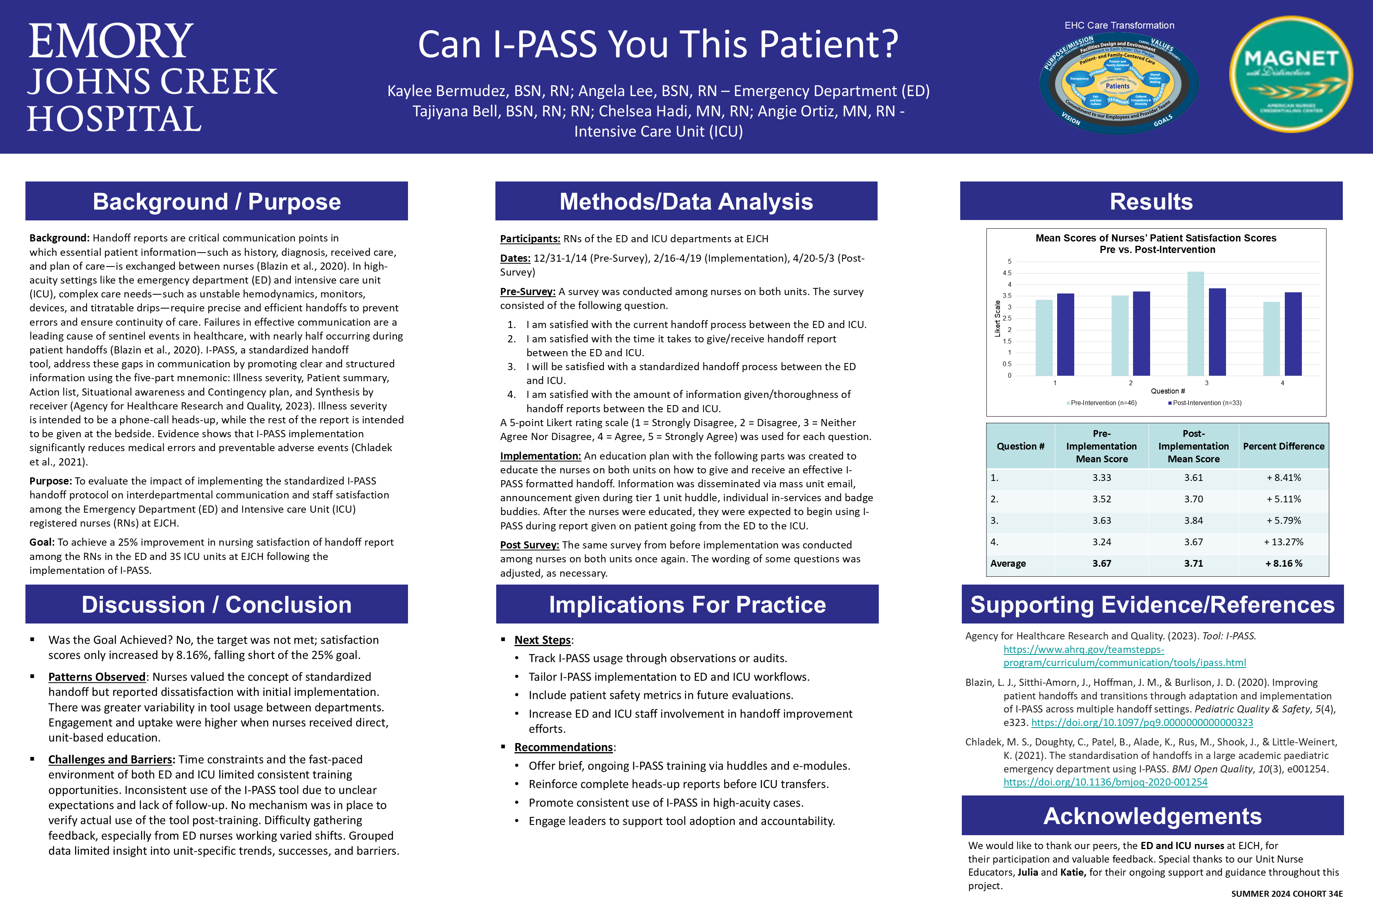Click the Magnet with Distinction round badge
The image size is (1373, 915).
click(x=1291, y=74)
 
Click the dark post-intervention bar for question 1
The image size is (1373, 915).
click(x=1066, y=334)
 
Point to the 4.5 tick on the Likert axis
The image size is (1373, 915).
click(x=1007, y=273)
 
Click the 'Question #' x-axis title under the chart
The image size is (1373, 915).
click(x=1168, y=391)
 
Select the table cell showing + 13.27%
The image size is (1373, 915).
click(x=1283, y=542)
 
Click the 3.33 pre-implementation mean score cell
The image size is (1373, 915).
click(x=1102, y=478)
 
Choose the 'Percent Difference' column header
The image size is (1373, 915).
click(x=1283, y=446)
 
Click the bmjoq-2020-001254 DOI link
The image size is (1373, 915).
click(x=1105, y=782)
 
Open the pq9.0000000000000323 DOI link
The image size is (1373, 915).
click(x=1142, y=722)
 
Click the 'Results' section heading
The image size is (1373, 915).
click(x=1151, y=201)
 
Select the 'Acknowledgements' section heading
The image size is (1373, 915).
click(x=1153, y=816)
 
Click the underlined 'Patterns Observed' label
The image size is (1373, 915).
click(x=97, y=677)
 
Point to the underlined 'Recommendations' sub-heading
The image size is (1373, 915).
click(x=563, y=747)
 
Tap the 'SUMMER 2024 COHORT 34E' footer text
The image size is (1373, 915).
click(x=1287, y=894)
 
